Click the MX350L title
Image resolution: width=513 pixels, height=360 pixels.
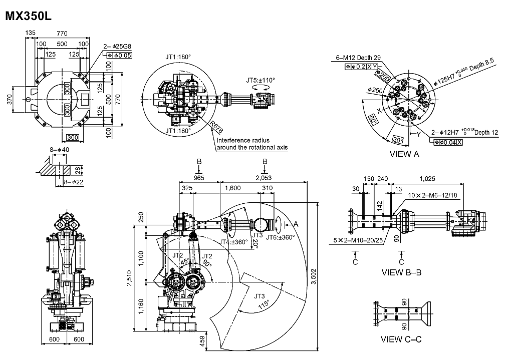(x=28, y=16)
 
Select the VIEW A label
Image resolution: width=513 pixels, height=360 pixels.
(x=404, y=154)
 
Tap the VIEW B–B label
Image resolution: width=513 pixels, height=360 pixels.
(x=401, y=273)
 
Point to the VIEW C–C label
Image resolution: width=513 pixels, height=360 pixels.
(x=401, y=339)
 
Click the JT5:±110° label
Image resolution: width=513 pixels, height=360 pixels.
(x=261, y=80)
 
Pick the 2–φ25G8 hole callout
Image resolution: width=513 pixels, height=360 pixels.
(x=117, y=47)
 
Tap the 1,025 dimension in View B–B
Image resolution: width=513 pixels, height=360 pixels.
(x=427, y=178)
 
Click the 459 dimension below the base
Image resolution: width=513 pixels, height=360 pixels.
(x=201, y=341)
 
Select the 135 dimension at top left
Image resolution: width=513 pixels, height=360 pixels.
(x=31, y=34)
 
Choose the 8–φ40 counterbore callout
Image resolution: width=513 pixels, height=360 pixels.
(x=60, y=149)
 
